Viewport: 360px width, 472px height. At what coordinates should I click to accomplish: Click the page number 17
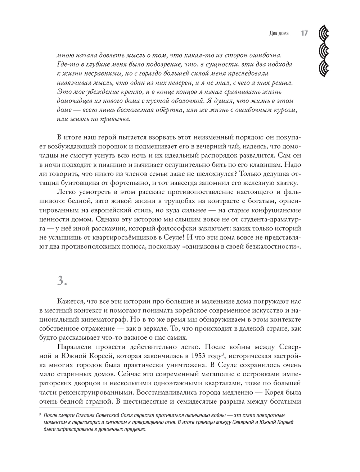pos(304,33)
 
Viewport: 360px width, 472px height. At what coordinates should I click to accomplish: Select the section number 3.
pos(62,281)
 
